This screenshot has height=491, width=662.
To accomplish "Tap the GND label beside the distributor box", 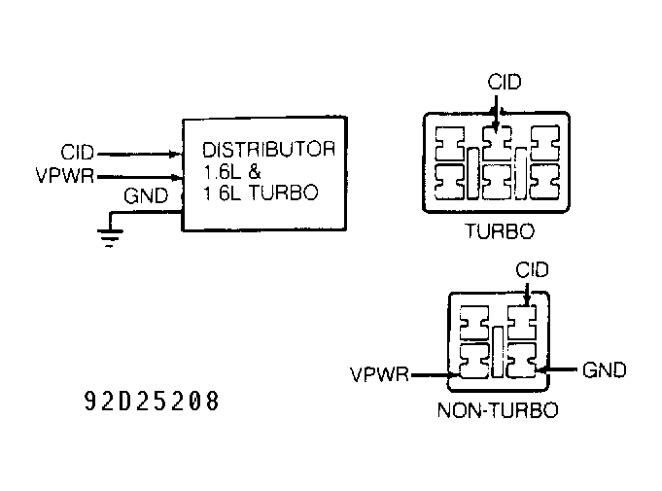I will coord(147,197).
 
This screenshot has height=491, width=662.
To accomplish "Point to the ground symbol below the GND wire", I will coord(109,237).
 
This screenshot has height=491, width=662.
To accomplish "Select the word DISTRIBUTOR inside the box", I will coord(268,150).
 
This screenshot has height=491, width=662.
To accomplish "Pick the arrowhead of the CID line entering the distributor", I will coord(175,154).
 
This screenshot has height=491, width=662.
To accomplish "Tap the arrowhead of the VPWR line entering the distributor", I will coord(175,177).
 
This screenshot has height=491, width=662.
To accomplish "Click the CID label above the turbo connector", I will coord(504,83).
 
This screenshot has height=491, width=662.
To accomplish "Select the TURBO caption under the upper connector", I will coord(501,231).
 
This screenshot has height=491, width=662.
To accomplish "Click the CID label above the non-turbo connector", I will coord(534,267).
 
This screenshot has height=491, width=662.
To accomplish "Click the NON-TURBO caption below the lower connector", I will coord(498,410).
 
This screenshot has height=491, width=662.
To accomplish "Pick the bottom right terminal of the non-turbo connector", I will coord(521,361).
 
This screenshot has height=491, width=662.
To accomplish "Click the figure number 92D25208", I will coord(152,400).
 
